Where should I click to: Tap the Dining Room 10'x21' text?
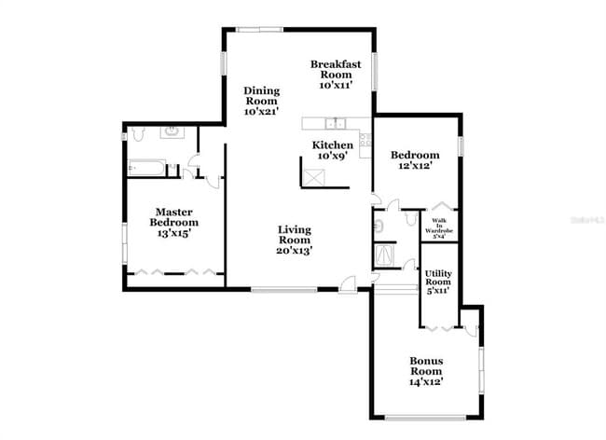coord(262,101)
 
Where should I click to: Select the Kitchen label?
coord(333,149)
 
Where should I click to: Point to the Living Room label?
coord(295,240)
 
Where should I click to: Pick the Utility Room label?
coord(437,282)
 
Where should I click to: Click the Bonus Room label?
coord(426,370)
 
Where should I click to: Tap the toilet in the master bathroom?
coord(136,134)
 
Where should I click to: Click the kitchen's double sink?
coord(333,122)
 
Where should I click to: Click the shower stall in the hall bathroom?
coord(384,254)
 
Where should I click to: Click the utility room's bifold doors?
coord(441,329)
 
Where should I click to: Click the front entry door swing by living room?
coord(348,284)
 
